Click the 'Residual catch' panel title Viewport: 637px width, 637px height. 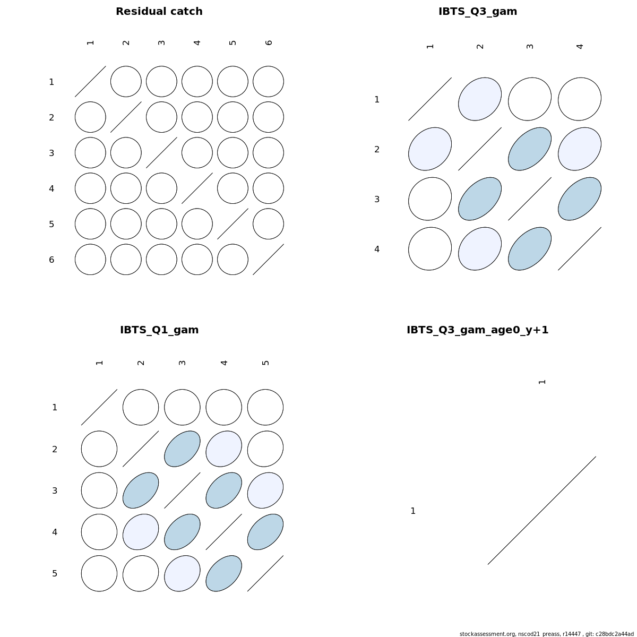point(159,12)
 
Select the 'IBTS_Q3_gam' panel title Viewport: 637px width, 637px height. point(478,12)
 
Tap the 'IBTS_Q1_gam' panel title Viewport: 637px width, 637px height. point(159,330)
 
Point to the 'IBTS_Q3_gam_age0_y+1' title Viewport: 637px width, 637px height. point(477,330)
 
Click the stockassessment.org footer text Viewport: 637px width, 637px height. point(546,634)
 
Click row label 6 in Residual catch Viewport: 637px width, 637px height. point(51,260)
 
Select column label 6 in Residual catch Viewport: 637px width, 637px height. point(269,42)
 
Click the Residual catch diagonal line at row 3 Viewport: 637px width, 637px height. point(162,153)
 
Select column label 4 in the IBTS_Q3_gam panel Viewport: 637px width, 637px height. point(580,47)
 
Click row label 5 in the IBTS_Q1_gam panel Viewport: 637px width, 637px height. point(55,573)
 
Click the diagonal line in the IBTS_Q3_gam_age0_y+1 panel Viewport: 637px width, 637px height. point(542,510)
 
